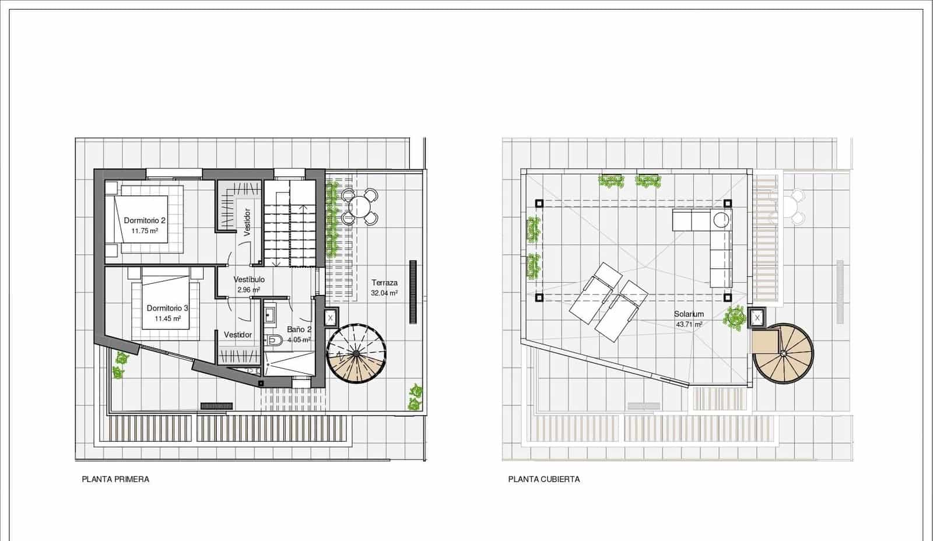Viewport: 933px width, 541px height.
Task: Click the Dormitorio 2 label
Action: [x=145, y=220]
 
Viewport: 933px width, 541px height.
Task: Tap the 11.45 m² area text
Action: [x=167, y=319]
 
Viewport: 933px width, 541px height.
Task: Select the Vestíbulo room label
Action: [x=249, y=279]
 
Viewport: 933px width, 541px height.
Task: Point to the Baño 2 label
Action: [x=299, y=329]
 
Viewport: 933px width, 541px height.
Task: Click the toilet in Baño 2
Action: [x=273, y=340]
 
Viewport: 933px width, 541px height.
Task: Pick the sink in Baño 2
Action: [x=270, y=315]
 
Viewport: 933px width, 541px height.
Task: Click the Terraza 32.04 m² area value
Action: [x=384, y=294]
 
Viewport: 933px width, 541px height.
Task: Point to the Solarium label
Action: [x=689, y=314]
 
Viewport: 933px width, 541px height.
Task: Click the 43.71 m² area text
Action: [x=689, y=324]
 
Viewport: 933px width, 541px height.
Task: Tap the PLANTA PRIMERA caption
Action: [x=115, y=479]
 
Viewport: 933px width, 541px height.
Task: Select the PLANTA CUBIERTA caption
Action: [x=544, y=479]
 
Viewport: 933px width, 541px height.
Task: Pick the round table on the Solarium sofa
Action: [x=721, y=220]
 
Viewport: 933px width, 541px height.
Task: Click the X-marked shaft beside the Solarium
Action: [x=757, y=318]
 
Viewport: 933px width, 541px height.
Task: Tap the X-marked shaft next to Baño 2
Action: [x=331, y=318]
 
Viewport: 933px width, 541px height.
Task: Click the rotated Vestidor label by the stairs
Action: [x=247, y=222]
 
